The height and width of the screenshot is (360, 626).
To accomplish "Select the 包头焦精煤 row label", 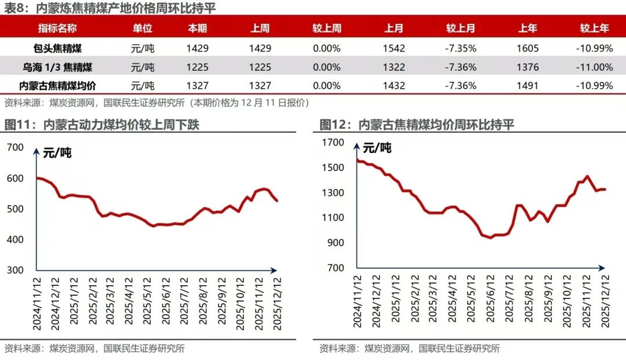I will [57, 48].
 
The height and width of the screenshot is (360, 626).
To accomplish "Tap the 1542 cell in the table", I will [394, 48].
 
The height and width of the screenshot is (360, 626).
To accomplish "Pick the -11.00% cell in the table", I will [594, 67].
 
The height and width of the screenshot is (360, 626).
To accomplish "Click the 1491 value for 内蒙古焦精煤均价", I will [527, 86].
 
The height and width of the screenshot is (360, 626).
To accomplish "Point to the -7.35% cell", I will [460, 48].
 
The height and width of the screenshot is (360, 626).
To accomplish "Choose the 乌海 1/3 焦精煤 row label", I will [57, 67].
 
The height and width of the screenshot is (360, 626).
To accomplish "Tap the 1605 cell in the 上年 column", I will [527, 48].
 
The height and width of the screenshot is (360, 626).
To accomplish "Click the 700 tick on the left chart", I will [16, 147].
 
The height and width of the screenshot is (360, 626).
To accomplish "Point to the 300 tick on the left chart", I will [16, 270].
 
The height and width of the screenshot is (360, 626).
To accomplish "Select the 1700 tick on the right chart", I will [333, 143].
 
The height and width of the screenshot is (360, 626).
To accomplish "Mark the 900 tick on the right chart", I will [336, 243].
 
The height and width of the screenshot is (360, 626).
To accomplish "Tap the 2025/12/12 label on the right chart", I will [606, 301].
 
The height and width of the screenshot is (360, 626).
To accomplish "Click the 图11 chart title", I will [102, 125].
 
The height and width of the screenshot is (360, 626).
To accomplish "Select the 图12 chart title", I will [417, 125].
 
